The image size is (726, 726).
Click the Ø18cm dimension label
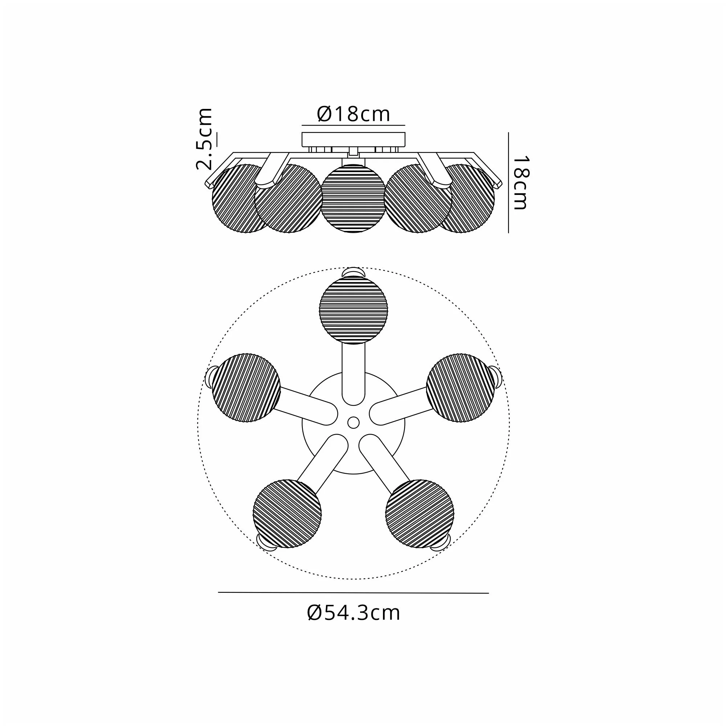354,114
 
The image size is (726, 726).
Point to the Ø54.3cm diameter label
354,613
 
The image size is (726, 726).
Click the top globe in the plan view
354,310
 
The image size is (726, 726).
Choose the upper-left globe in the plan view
246,388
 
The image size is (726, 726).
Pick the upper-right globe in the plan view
461,388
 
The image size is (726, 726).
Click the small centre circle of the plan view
353,423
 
